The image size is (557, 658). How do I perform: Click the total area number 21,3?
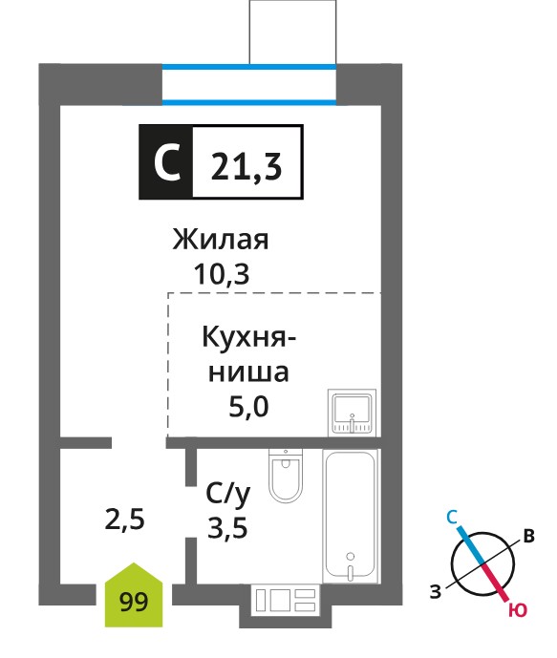[246, 166]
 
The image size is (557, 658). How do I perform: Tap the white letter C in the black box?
[166, 162]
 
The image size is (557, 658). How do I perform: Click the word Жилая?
[221, 240]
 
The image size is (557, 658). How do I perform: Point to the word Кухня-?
[249, 337]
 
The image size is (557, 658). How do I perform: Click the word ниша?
[248, 372]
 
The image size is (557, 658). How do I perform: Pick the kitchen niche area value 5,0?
[248, 406]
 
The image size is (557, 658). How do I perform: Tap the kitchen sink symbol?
[352, 412]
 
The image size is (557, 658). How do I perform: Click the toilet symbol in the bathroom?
[286, 475]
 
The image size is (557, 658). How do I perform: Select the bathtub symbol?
[350, 516]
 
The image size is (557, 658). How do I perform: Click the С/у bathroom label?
[228, 494]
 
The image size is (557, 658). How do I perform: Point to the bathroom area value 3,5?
[227, 527]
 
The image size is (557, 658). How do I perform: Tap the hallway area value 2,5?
[124, 520]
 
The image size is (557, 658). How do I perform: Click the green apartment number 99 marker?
[134, 596]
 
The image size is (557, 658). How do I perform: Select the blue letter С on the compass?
[452, 517]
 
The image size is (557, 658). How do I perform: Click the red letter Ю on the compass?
[518, 609]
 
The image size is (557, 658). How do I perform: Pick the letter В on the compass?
[528, 536]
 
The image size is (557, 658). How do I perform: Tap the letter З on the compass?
[436, 591]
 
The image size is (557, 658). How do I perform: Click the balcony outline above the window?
[292, 32]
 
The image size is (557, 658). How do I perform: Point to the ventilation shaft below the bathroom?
[286, 605]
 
